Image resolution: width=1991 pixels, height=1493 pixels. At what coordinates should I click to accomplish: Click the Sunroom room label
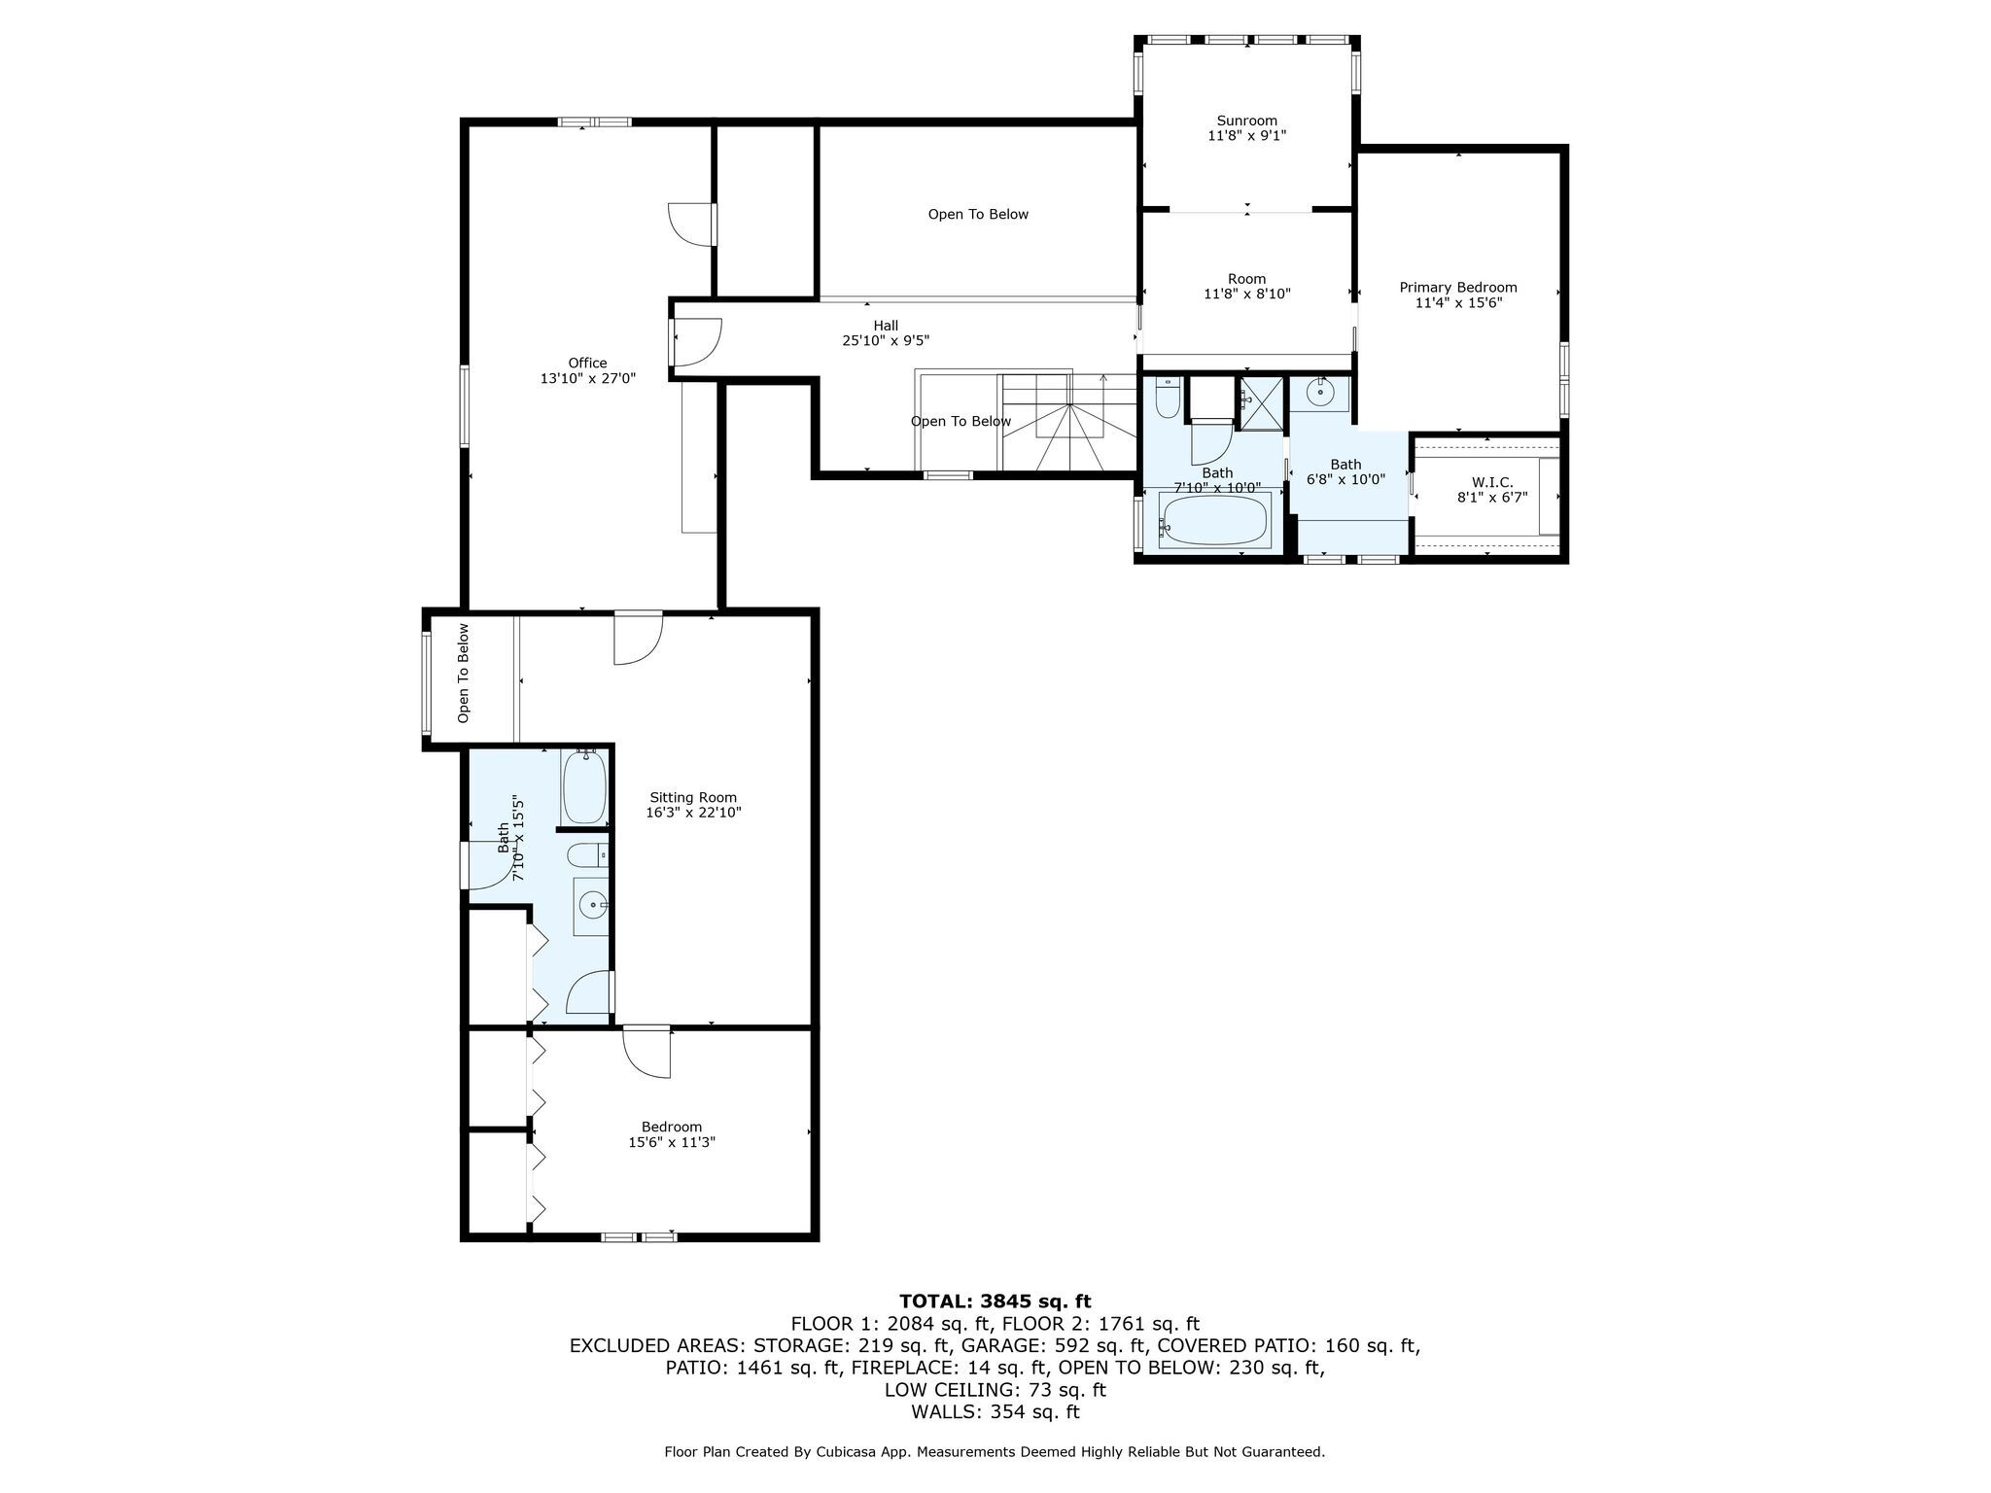(1247, 121)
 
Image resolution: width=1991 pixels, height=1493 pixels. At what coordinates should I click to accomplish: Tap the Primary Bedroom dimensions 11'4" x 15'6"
(1458, 303)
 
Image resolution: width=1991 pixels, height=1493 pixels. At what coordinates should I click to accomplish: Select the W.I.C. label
(1492, 482)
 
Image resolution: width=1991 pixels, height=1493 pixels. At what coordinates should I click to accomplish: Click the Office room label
(588, 364)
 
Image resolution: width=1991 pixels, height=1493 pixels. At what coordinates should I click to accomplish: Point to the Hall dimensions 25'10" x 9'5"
(886, 340)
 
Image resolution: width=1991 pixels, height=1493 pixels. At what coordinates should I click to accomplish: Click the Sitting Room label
(694, 798)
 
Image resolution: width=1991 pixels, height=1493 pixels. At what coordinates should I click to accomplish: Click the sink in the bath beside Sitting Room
(591, 906)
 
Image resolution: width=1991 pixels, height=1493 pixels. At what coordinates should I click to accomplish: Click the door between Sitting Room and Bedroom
(646, 1052)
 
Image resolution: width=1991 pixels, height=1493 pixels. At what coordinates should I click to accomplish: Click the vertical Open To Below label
(464, 673)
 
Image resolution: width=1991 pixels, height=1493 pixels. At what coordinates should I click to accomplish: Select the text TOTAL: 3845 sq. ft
(995, 1302)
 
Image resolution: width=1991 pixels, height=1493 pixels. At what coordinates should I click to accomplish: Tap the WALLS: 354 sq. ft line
(995, 1412)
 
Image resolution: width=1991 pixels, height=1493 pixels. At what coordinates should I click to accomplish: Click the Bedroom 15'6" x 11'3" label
(672, 1135)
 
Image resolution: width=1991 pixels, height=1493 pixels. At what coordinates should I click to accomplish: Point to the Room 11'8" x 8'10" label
(1247, 287)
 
